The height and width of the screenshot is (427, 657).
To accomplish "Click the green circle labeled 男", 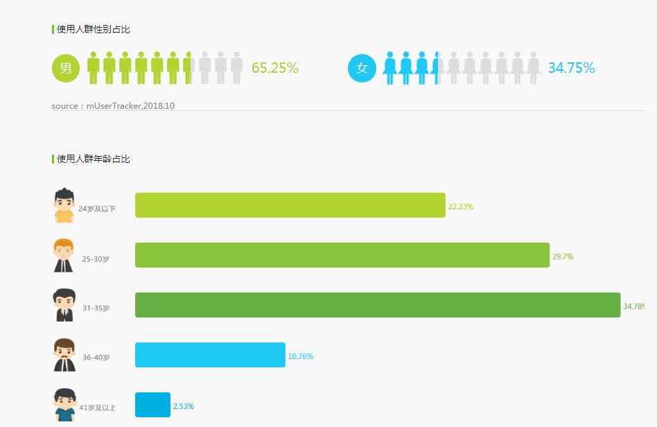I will click(66, 68).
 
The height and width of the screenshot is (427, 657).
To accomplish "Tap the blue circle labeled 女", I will click(362, 68).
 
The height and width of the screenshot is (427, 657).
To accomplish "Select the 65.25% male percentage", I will click(274, 68).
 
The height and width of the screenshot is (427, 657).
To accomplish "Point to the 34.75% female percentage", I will click(571, 68).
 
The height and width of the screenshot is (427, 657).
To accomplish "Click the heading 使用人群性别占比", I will click(93, 29).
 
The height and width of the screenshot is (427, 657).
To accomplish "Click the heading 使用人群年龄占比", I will click(93, 159).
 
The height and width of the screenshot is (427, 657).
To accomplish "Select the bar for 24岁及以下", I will click(290, 205).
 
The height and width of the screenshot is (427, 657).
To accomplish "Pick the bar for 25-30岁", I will click(342, 255).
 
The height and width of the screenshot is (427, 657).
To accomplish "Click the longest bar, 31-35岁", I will click(377, 305).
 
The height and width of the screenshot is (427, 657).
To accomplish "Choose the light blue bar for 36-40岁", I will click(210, 355).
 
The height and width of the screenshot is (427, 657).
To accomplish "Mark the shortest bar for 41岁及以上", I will click(152, 405).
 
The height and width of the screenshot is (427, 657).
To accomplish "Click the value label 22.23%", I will click(461, 207).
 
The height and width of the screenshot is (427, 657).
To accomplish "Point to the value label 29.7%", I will click(563, 256).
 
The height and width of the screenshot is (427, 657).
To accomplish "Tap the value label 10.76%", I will click(301, 356).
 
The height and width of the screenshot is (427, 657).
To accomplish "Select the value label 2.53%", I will click(184, 406).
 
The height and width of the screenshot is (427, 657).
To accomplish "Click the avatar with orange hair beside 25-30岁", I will click(63, 255).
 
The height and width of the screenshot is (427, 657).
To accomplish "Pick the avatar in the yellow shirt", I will click(63, 205).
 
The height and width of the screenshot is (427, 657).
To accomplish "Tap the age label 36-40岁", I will click(96, 358).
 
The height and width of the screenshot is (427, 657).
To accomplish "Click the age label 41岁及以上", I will click(97, 408).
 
